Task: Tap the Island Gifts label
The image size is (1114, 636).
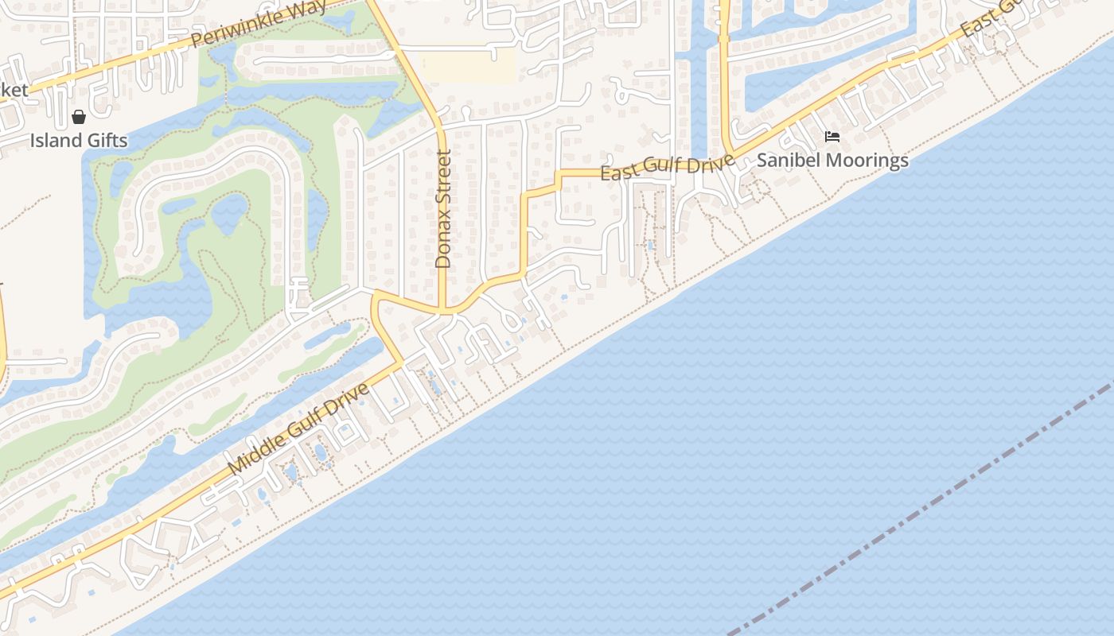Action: coord(79,141)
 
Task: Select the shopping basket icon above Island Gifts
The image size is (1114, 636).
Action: coord(79,118)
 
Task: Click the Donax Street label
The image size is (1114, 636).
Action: coord(443,208)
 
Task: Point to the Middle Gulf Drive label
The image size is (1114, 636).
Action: coord(298,430)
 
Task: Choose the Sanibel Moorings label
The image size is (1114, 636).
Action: coord(832,160)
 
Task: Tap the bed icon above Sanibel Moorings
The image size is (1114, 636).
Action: coord(832,137)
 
